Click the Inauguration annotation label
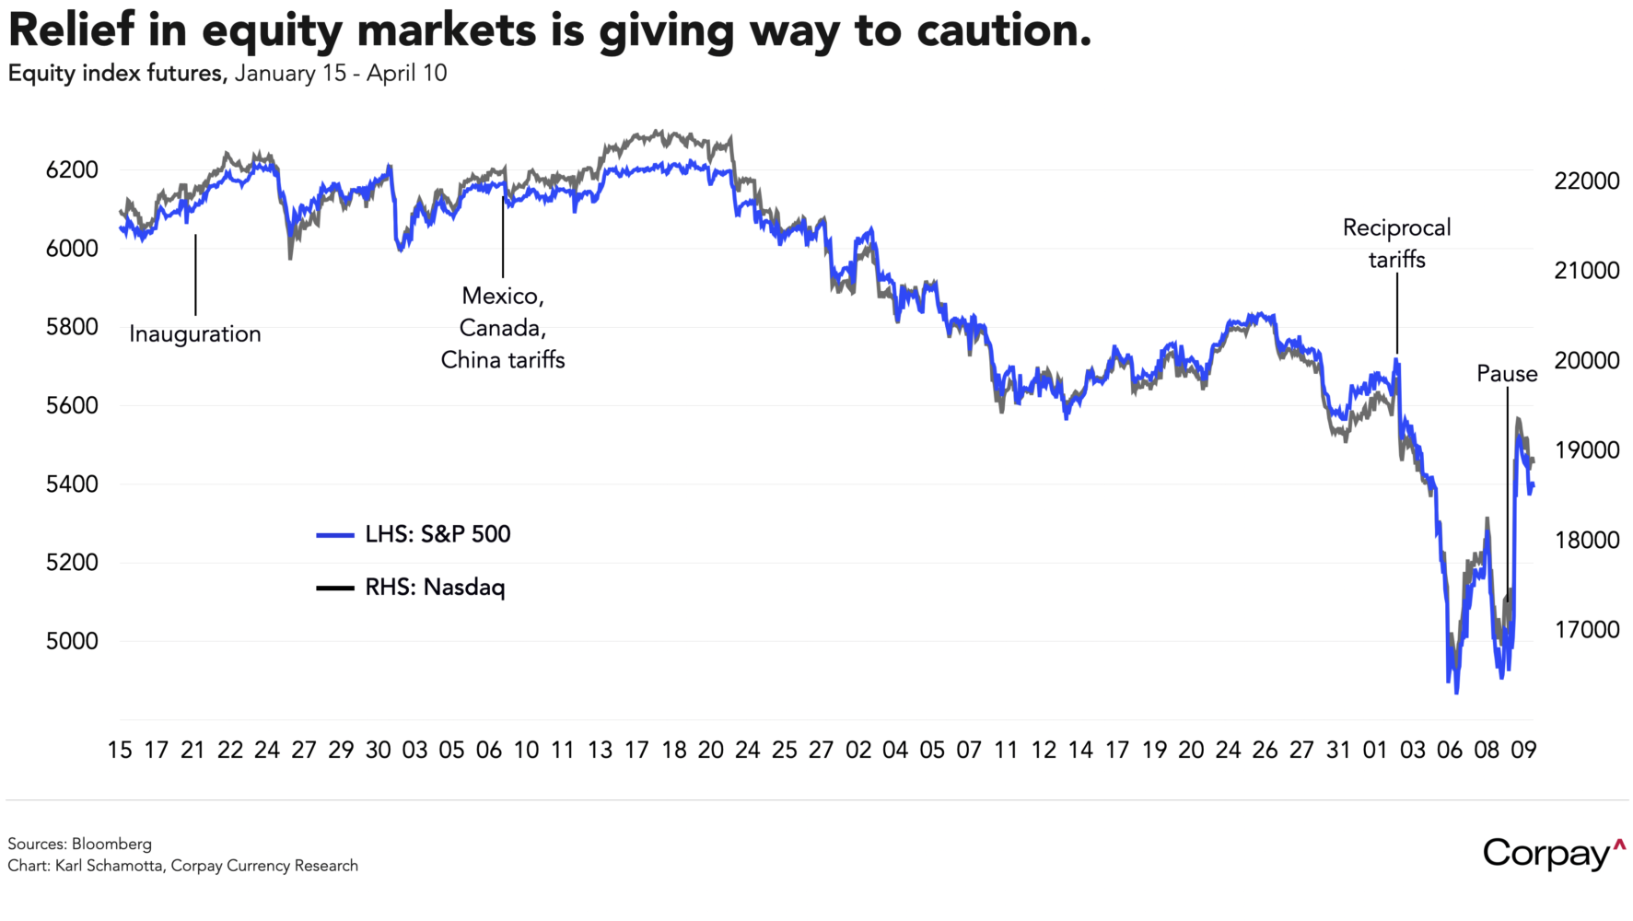(195, 333)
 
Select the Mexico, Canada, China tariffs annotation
(503, 328)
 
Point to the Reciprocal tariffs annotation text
(1396, 243)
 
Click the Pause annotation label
(1507, 374)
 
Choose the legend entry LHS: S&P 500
(437, 534)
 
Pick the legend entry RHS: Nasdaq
(435, 587)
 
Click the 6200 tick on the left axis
(72, 170)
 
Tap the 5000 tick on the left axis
(72, 641)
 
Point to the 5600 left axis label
(72, 406)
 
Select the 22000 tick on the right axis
(1586, 181)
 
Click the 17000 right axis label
(1586, 630)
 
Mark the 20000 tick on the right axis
(1586, 361)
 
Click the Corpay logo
(1553, 854)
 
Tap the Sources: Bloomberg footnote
(80, 844)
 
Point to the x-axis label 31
(1338, 751)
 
